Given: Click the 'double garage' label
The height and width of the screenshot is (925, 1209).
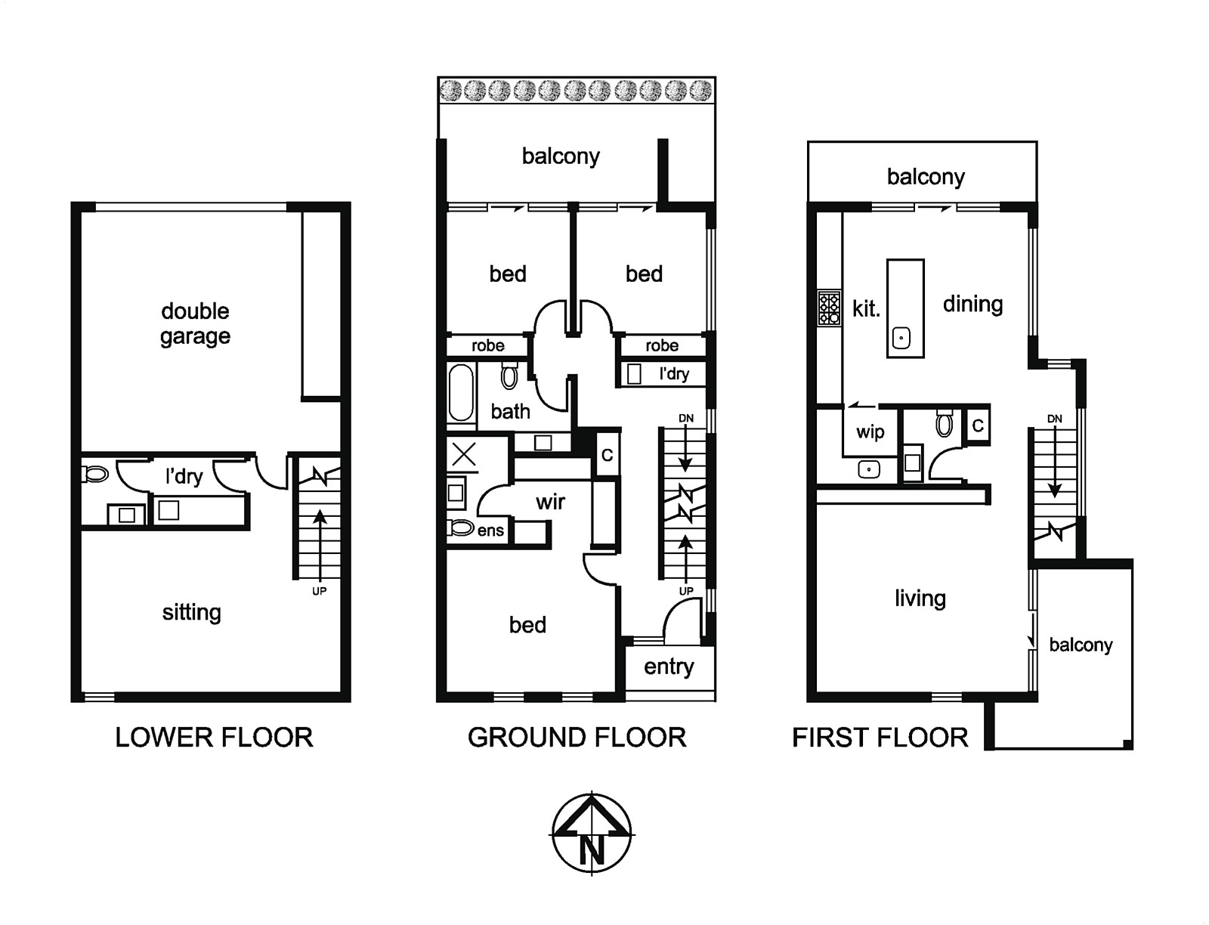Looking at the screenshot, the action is click(x=195, y=324).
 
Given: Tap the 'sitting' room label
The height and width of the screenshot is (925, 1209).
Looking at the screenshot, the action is click(x=192, y=612).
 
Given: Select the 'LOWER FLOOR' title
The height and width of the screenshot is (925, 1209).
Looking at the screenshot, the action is click(x=215, y=737).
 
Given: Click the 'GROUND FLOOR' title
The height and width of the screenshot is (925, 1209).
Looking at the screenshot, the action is click(x=577, y=737).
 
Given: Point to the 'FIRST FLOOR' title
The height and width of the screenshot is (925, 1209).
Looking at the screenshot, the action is click(x=880, y=737).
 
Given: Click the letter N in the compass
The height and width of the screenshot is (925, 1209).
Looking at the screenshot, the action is click(x=592, y=849).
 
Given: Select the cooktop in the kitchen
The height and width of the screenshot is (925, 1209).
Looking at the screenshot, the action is click(x=829, y=308).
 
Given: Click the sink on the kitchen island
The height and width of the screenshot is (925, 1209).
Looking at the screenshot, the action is click(x=901, y=339).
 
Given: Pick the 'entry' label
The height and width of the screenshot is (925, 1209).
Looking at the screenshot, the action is click(x=669, y=667).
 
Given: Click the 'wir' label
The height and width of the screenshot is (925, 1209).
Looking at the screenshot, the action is click(x=550, y=501).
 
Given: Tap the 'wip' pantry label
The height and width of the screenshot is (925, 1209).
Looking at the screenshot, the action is click(x=870, y=432).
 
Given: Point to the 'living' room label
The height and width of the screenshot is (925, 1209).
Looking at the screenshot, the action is click(x=920, y=599).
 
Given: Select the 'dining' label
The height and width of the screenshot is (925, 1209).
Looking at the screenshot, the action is click(x=972, y=304).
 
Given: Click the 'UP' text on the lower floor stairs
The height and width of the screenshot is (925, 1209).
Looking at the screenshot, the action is click(x=319, y=591).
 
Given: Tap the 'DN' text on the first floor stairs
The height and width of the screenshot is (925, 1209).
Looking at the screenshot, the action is click(x=1054, y=419).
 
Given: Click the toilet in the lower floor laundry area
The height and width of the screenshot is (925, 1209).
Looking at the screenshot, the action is click(x=94, y=474).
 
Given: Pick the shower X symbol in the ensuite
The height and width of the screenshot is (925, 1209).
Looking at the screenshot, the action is click(x=464, y=456).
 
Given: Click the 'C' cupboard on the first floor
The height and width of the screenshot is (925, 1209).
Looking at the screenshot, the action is click(x=978, y=425).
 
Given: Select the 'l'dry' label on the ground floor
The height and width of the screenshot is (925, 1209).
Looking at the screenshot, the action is click(x=674, y=374).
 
